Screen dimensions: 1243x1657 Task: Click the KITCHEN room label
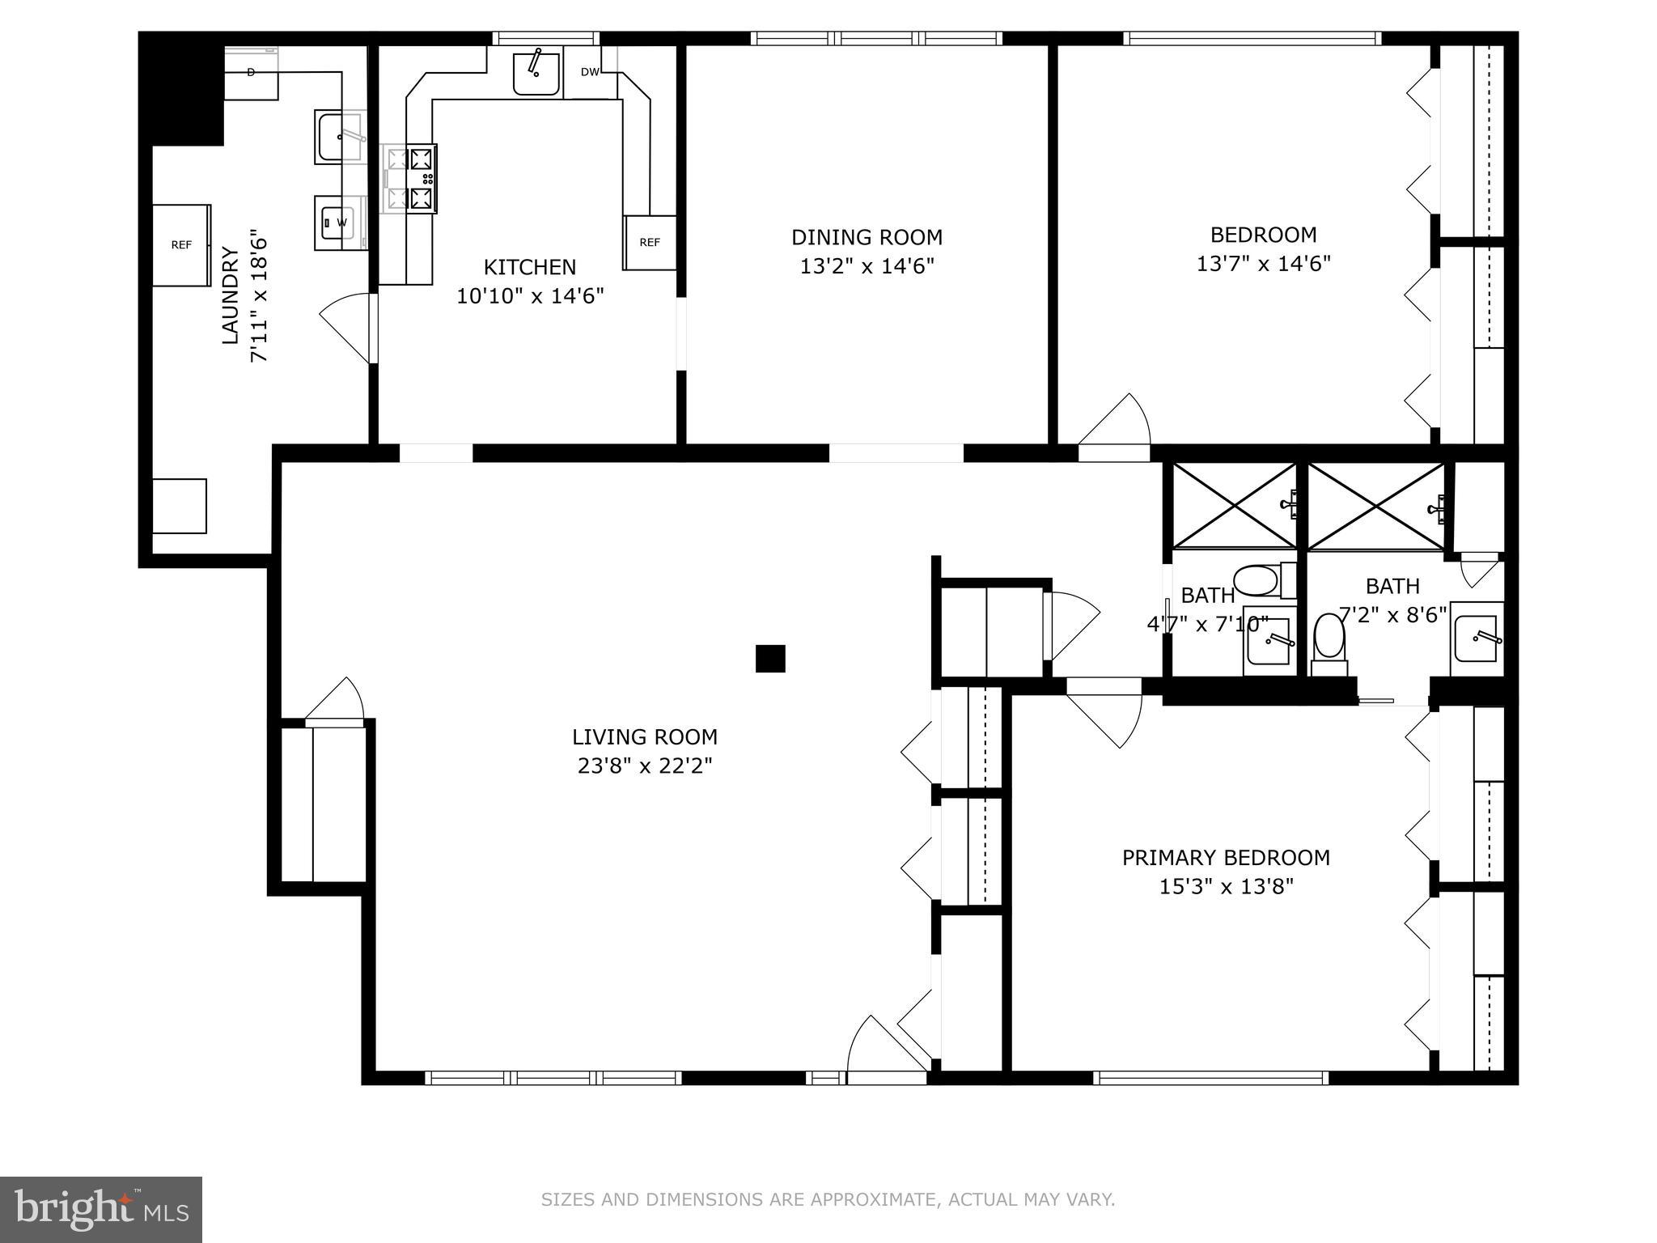(x=530, y=267)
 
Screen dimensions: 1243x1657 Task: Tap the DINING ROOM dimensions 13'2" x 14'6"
(x=867, y=266)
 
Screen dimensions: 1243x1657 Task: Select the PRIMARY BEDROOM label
(x=1225, y=858)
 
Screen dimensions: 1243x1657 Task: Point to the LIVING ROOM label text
(x=644, y=737)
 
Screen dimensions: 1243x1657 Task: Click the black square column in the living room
(x=770, y=659)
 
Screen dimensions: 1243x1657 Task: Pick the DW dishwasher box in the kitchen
(x=590, y=72)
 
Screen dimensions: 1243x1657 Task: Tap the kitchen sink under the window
(x=536, y=73)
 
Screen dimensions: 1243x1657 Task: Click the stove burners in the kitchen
(x=422, y=179)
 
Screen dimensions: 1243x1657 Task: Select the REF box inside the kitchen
(x=650, y=243)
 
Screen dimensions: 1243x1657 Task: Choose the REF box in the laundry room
(x=181, y=245)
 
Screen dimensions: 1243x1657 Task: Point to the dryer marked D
(x=251, y=73)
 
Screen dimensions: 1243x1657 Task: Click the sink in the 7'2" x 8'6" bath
(x=1476, y=639)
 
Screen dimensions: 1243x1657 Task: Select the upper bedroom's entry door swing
(x=1115, y=422)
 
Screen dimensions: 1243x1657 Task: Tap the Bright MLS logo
(x=100, y=1209)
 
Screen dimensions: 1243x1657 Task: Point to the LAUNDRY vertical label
(x=231, y=296)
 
